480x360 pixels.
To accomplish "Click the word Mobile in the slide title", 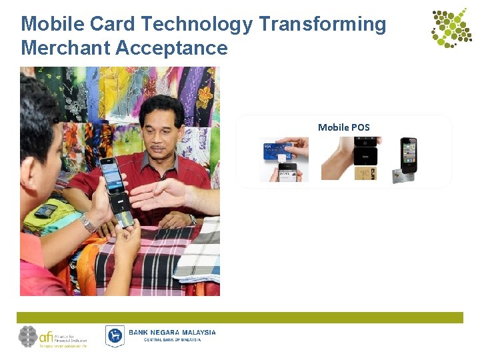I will pos(51,25).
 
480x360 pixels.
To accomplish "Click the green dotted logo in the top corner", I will pos(451,27).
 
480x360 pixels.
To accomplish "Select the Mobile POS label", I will pos(343,127).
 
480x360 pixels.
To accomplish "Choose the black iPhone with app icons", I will pos(409,154).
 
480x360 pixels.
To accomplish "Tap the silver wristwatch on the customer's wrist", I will pos(87,223).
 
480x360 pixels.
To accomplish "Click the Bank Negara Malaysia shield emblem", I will pos(115,335).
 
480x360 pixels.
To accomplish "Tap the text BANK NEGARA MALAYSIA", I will pos(172,332).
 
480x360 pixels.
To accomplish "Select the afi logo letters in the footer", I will pos(47,335).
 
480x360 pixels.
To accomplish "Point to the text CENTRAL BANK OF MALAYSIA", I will pos(172,340).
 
